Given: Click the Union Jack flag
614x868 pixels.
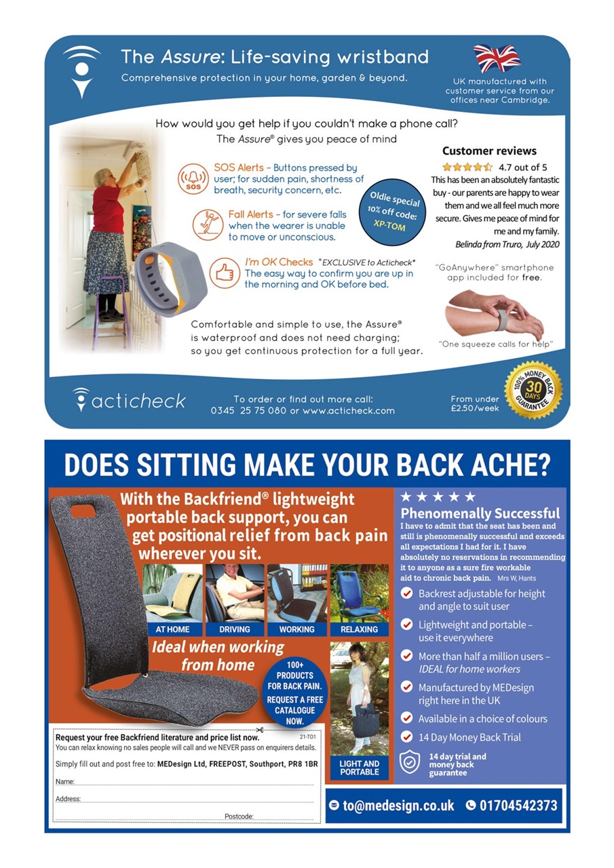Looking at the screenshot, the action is click(x=497, y=58).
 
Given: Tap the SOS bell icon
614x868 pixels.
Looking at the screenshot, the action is click(x=193, y=178).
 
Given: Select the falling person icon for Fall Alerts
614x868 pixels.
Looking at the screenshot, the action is click(x=208, y=224).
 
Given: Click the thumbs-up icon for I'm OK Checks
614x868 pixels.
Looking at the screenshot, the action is click(x=225, y=273).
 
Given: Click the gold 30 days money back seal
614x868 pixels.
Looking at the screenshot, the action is click(x=534, y=390).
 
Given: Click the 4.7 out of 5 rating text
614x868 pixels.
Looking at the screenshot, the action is click(x=522, y=167).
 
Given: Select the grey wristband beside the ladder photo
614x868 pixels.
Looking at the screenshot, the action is click(x=170, y=279).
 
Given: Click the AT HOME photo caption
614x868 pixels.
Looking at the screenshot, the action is click(x=172, y=629).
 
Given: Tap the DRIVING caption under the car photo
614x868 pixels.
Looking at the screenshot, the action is click(x=235, y=629).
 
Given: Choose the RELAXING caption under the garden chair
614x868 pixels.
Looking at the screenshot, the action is click(x=359, y=629).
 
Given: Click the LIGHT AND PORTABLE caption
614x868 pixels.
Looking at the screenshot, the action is click(x=360, y=768).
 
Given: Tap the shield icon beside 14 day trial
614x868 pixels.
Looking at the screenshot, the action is click(x=409, y=762).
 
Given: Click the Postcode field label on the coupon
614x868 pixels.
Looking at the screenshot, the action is click(x=239, y=816).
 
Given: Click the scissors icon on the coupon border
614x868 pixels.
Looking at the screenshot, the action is click(x=260, y=730).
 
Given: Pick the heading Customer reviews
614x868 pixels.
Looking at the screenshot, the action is click(x=489, y=151).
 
